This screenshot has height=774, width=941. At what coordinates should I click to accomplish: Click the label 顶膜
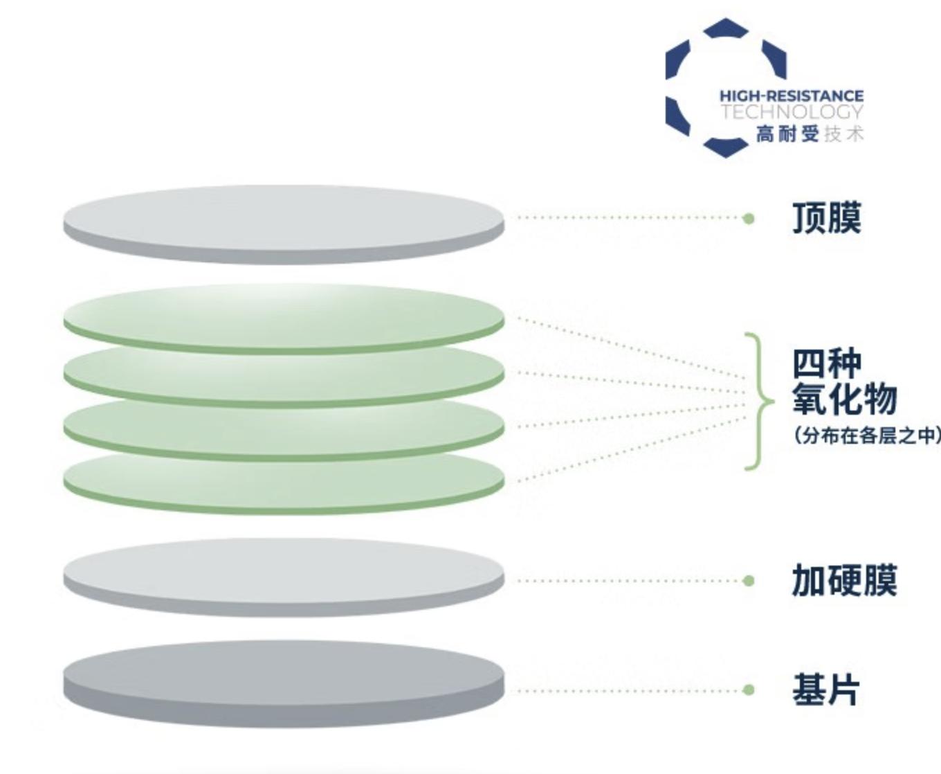pos(826,218)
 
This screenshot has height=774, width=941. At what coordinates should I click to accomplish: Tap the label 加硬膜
pos(844,580)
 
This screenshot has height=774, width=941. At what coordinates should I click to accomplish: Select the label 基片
pos(826,690)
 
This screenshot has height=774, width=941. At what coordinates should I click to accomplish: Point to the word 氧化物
pos(844,399)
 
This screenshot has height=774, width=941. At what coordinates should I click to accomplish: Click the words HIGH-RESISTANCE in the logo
pos(791,96)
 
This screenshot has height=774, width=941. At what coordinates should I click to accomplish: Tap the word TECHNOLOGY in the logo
pos(792,112)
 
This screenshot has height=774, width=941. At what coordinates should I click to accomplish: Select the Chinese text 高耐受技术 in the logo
pos(809,134)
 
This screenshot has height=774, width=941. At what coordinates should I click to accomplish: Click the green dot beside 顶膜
pos(748,219)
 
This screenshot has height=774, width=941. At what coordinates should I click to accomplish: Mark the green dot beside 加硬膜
pos(748,581)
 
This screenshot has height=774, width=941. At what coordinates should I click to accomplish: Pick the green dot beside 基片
pos(748,690)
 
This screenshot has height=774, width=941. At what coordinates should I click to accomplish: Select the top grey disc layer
pos(284,217)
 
